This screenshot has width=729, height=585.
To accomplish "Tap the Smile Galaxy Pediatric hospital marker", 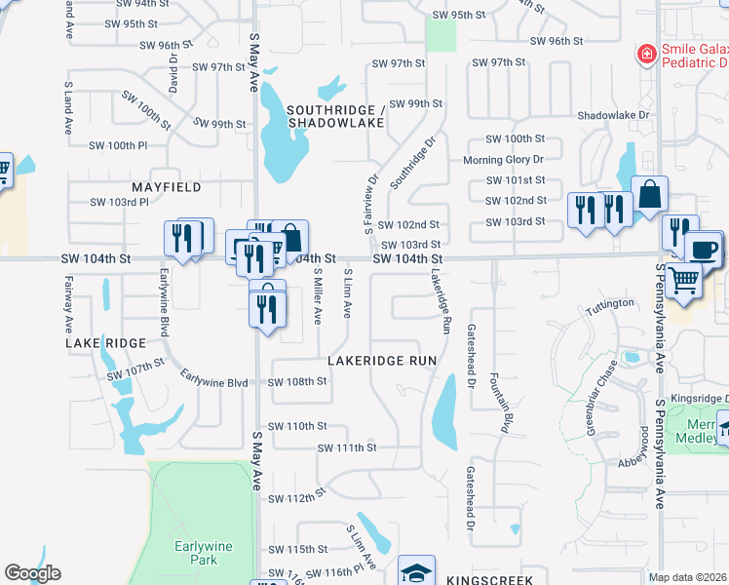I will tap(645, 54).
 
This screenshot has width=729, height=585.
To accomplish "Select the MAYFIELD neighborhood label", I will tap(167, 186).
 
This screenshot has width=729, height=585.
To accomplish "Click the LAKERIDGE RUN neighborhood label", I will tap(381, 361).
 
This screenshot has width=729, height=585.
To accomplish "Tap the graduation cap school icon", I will tap(416, 571).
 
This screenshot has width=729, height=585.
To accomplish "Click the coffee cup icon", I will tap(703, 248).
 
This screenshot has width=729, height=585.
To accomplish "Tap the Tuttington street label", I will tap(610, 305).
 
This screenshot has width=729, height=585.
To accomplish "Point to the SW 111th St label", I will tap(347, 448).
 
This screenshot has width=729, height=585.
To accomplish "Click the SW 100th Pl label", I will tap(117, 145).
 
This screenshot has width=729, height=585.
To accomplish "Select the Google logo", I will tap(32, 573).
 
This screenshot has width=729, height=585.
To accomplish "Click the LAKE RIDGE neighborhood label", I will tap(105, 343).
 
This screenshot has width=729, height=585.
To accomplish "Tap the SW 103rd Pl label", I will tap(119, 202).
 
